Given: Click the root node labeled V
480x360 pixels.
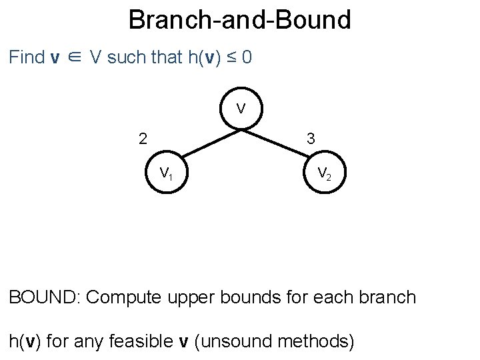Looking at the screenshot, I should (x=240, y=108).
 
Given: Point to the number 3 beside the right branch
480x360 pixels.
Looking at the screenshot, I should (x=311, y=139).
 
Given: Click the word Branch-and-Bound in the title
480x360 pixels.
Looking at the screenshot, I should (x=239, y=20).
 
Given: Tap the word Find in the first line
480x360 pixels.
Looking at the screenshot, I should (x=27, y=57).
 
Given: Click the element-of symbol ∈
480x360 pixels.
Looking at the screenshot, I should (x=76, y=58).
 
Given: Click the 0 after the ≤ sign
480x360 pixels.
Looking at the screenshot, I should (x=247, y=57).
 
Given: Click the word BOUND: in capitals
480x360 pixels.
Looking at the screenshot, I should (x=44, y=297).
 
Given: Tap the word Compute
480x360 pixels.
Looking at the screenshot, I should (x=124, y=297).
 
